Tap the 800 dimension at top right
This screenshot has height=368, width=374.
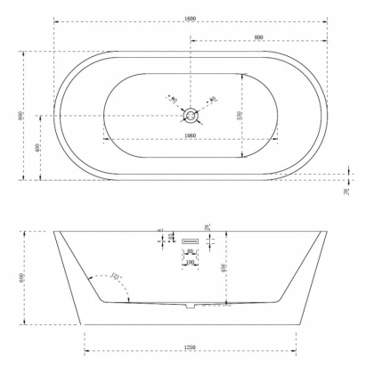(257, 37)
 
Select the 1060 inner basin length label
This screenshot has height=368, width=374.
(190, 135)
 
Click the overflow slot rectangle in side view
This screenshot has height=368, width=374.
(192, 241)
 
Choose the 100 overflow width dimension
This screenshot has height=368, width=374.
(190, 262)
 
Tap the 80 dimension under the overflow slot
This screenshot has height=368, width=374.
(190, 252)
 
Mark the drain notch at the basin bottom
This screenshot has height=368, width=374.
(187, 308)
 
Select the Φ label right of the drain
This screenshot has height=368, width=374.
(212, 99)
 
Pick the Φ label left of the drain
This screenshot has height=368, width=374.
(172, 99)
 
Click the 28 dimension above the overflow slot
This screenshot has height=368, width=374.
(206, 228)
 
